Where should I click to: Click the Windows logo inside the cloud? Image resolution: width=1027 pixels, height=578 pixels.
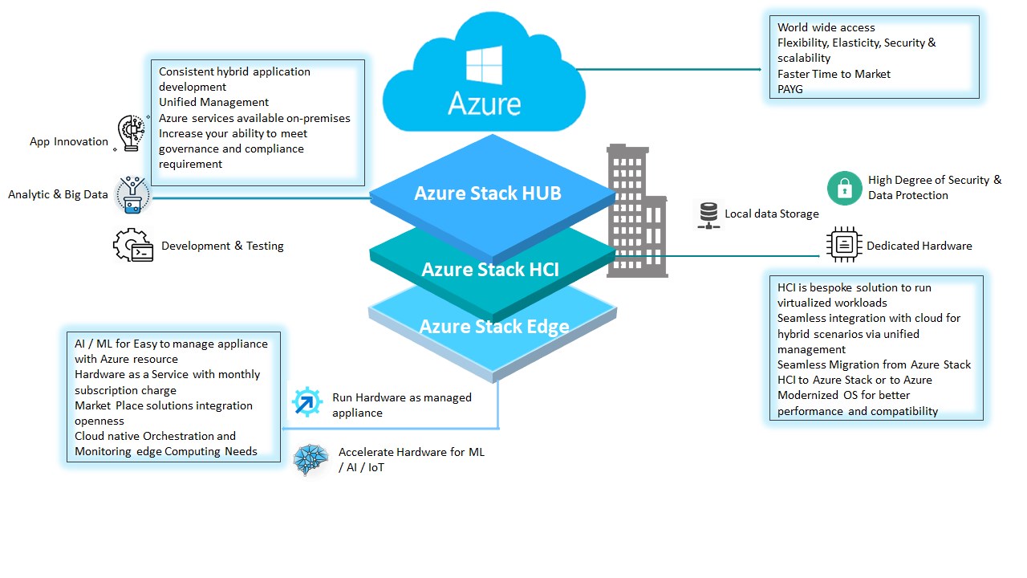484,66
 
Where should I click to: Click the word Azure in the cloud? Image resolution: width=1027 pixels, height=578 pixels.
484,104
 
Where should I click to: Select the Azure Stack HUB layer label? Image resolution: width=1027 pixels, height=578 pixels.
487,193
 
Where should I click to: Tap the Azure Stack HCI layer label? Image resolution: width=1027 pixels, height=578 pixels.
490,270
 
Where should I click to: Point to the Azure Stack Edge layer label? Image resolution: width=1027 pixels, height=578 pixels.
494,327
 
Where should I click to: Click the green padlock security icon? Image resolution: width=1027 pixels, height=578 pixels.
844,188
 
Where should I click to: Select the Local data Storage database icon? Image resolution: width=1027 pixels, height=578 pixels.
708,214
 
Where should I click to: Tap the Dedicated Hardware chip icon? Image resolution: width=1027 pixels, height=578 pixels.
844,245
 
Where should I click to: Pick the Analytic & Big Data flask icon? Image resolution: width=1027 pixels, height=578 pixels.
132,194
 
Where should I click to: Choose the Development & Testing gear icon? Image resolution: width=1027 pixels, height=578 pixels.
132,246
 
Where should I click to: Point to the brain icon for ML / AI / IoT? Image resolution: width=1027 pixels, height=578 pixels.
311,459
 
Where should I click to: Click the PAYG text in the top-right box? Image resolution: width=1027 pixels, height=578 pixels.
790,89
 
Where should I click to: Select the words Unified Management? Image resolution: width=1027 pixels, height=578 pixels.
213,102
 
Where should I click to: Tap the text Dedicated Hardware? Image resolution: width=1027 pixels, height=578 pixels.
919,246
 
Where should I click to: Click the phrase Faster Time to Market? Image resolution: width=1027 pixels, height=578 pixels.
834,74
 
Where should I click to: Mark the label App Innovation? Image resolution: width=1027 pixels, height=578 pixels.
69,141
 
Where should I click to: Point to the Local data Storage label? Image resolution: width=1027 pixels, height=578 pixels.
771,214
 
